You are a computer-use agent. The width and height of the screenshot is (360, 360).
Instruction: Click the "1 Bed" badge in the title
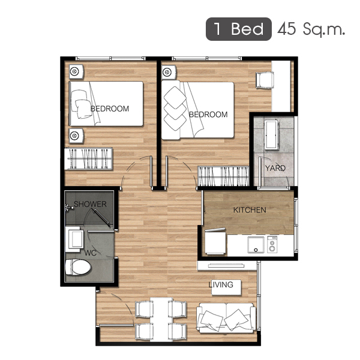[239, 29]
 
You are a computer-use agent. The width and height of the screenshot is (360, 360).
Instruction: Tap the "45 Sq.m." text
[311, 29]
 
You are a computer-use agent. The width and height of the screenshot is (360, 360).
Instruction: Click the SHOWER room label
[90, 204]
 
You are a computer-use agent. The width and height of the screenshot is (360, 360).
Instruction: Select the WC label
[90, 253]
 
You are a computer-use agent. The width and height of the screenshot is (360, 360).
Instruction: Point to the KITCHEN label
[250, 210]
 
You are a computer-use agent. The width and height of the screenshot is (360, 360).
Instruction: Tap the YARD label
[275, 168]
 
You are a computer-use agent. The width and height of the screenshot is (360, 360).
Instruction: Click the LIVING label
[221, 284]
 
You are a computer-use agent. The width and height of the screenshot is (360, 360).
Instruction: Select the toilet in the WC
[78, 267]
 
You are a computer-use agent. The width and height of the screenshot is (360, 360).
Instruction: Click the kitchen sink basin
[256, 245]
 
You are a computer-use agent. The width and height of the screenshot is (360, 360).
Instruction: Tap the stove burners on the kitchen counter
[272, 245]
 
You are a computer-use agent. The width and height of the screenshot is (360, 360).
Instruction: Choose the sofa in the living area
[226, 318]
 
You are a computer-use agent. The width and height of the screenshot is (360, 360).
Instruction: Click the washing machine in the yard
[272, 134]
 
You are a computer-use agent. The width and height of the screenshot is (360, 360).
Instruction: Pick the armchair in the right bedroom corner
[265, 80]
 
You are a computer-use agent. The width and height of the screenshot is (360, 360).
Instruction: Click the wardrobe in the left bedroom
[88, 158]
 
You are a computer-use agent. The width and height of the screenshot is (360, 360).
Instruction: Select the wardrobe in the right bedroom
[223, 176]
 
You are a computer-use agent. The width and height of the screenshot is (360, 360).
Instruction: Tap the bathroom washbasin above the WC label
[74, 239]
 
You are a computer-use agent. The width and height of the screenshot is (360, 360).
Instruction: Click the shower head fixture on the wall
[68, 207]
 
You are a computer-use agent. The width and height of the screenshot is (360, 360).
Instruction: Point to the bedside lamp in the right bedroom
[169, 72]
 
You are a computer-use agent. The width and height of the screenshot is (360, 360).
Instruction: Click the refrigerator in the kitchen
[215, 241]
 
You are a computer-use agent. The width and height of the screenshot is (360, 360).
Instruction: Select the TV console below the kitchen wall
[227, 266]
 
